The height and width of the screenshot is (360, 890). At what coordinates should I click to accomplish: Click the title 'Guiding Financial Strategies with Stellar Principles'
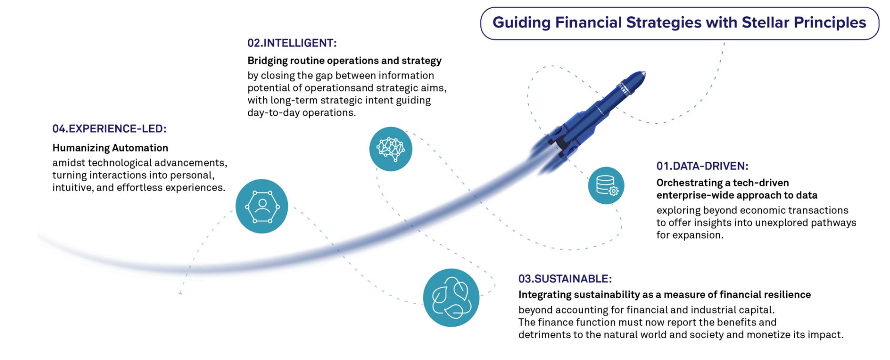(679, 23)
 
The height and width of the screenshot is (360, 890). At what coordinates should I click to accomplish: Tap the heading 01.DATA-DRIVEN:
(702, 166)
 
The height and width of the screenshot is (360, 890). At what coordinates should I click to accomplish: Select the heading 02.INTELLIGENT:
(292, 43)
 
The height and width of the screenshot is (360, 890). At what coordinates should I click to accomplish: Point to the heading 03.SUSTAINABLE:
(565, 279)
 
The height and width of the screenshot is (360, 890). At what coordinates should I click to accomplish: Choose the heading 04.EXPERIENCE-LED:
(110, 129)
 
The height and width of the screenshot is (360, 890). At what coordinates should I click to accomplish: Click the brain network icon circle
(391, 149)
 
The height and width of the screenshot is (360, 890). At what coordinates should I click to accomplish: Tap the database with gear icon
(606, 186)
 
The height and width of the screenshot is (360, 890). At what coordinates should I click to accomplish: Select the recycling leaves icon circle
(451, 298)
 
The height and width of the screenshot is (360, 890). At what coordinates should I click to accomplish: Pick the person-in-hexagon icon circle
(262, 206)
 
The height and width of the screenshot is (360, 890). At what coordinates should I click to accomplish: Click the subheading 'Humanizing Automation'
(110, 148)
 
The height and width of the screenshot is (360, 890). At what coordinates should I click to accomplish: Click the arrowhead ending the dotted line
(180, 292)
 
